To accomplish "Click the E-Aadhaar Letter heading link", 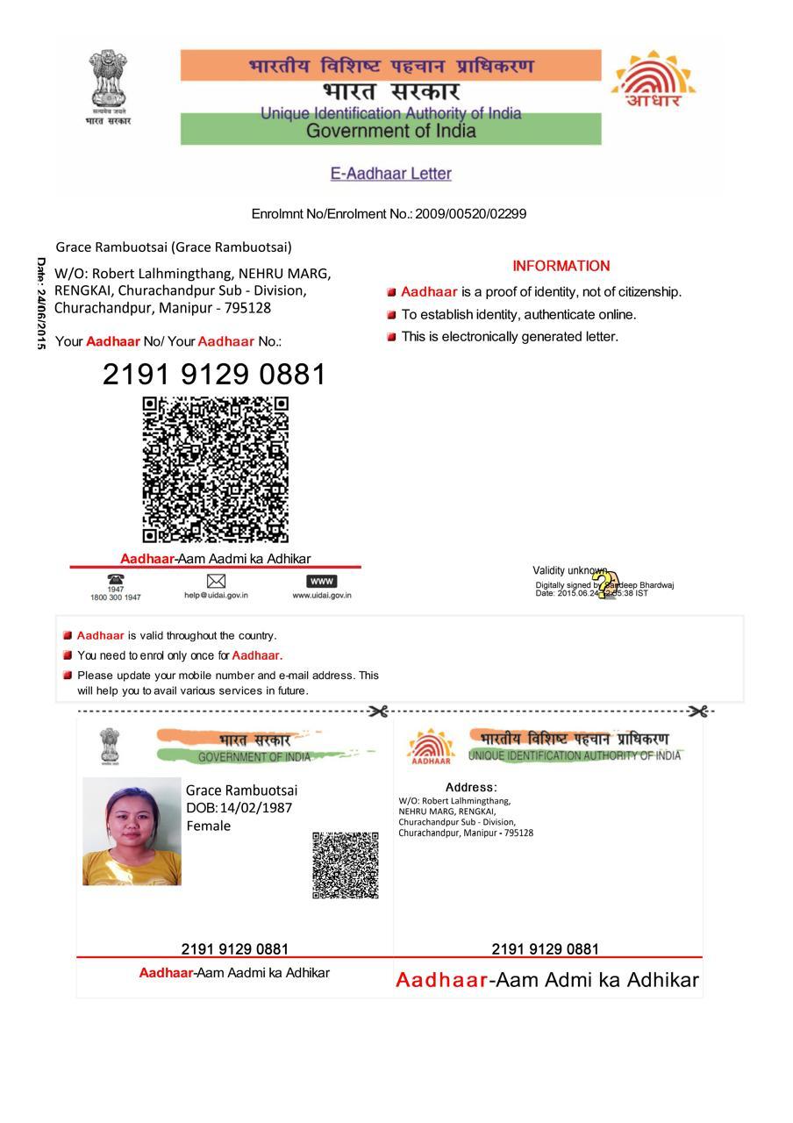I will [x=390, y=174].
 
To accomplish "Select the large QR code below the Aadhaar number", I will [x=216, y=469].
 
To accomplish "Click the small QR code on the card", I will [x=346, y=865].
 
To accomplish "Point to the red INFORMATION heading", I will [x=561, y=266].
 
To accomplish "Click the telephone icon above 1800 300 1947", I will [x=115, y=580].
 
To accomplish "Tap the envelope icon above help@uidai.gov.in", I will [x=216, y=581].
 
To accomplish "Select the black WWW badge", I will [x=322, y=581].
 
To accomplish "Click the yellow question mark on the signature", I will [x=603, y=584].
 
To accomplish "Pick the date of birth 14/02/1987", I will [x=256, y=808].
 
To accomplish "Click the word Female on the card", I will [x=209, y=826].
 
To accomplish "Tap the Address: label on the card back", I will [x=471, y=788].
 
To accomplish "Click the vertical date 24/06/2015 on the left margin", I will [x=40, y=304].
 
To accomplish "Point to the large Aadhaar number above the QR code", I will [x=214, y=375].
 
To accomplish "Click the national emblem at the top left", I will [x=107, y=81].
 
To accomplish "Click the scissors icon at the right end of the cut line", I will [x=698, y=712].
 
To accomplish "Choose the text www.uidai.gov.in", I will [x=322, y=595].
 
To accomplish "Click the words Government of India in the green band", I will [x=391, y=132].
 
